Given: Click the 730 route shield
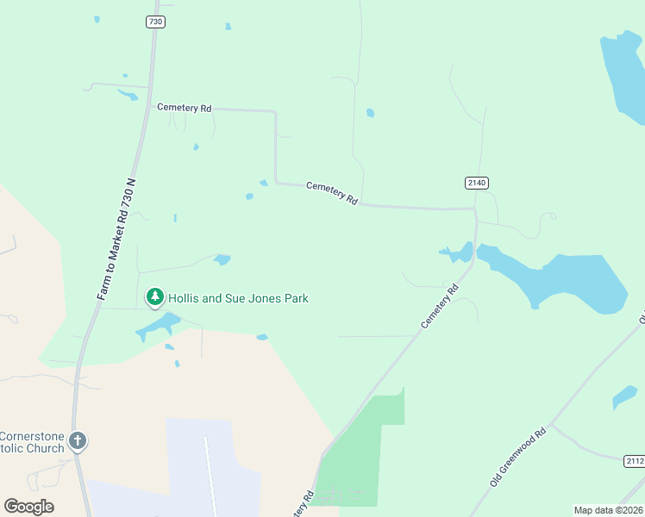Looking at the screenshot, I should pos(155,22).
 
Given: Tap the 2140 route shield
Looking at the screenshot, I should pos(477,183).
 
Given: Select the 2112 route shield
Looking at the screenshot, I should pos(634,462).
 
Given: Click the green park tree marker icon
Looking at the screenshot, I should pos(155,297).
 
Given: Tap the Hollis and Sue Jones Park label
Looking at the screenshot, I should pos(238,299).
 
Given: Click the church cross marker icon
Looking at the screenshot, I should pos(78,442).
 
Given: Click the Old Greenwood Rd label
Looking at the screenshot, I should pos(518,458).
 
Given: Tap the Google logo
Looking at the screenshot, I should pos(28,507).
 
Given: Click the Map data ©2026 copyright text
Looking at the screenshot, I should pos(609,510).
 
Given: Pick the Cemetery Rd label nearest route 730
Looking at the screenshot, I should pos(184,108).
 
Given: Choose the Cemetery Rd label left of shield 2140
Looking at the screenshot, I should pos(332,192).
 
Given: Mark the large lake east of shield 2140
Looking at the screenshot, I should pos(560,280).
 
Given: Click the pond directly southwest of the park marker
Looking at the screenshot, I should pos(155,327).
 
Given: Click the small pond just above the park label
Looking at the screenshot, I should pos(222,259).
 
